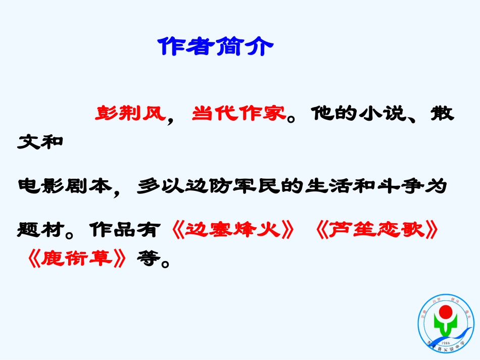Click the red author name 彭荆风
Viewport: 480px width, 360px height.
point(130,113)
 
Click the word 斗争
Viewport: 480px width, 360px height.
point(399,186)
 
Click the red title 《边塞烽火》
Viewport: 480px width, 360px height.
point(233,230)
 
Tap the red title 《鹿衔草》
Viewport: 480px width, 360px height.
point(76,259)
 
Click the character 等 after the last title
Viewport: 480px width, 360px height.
point(147,259)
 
